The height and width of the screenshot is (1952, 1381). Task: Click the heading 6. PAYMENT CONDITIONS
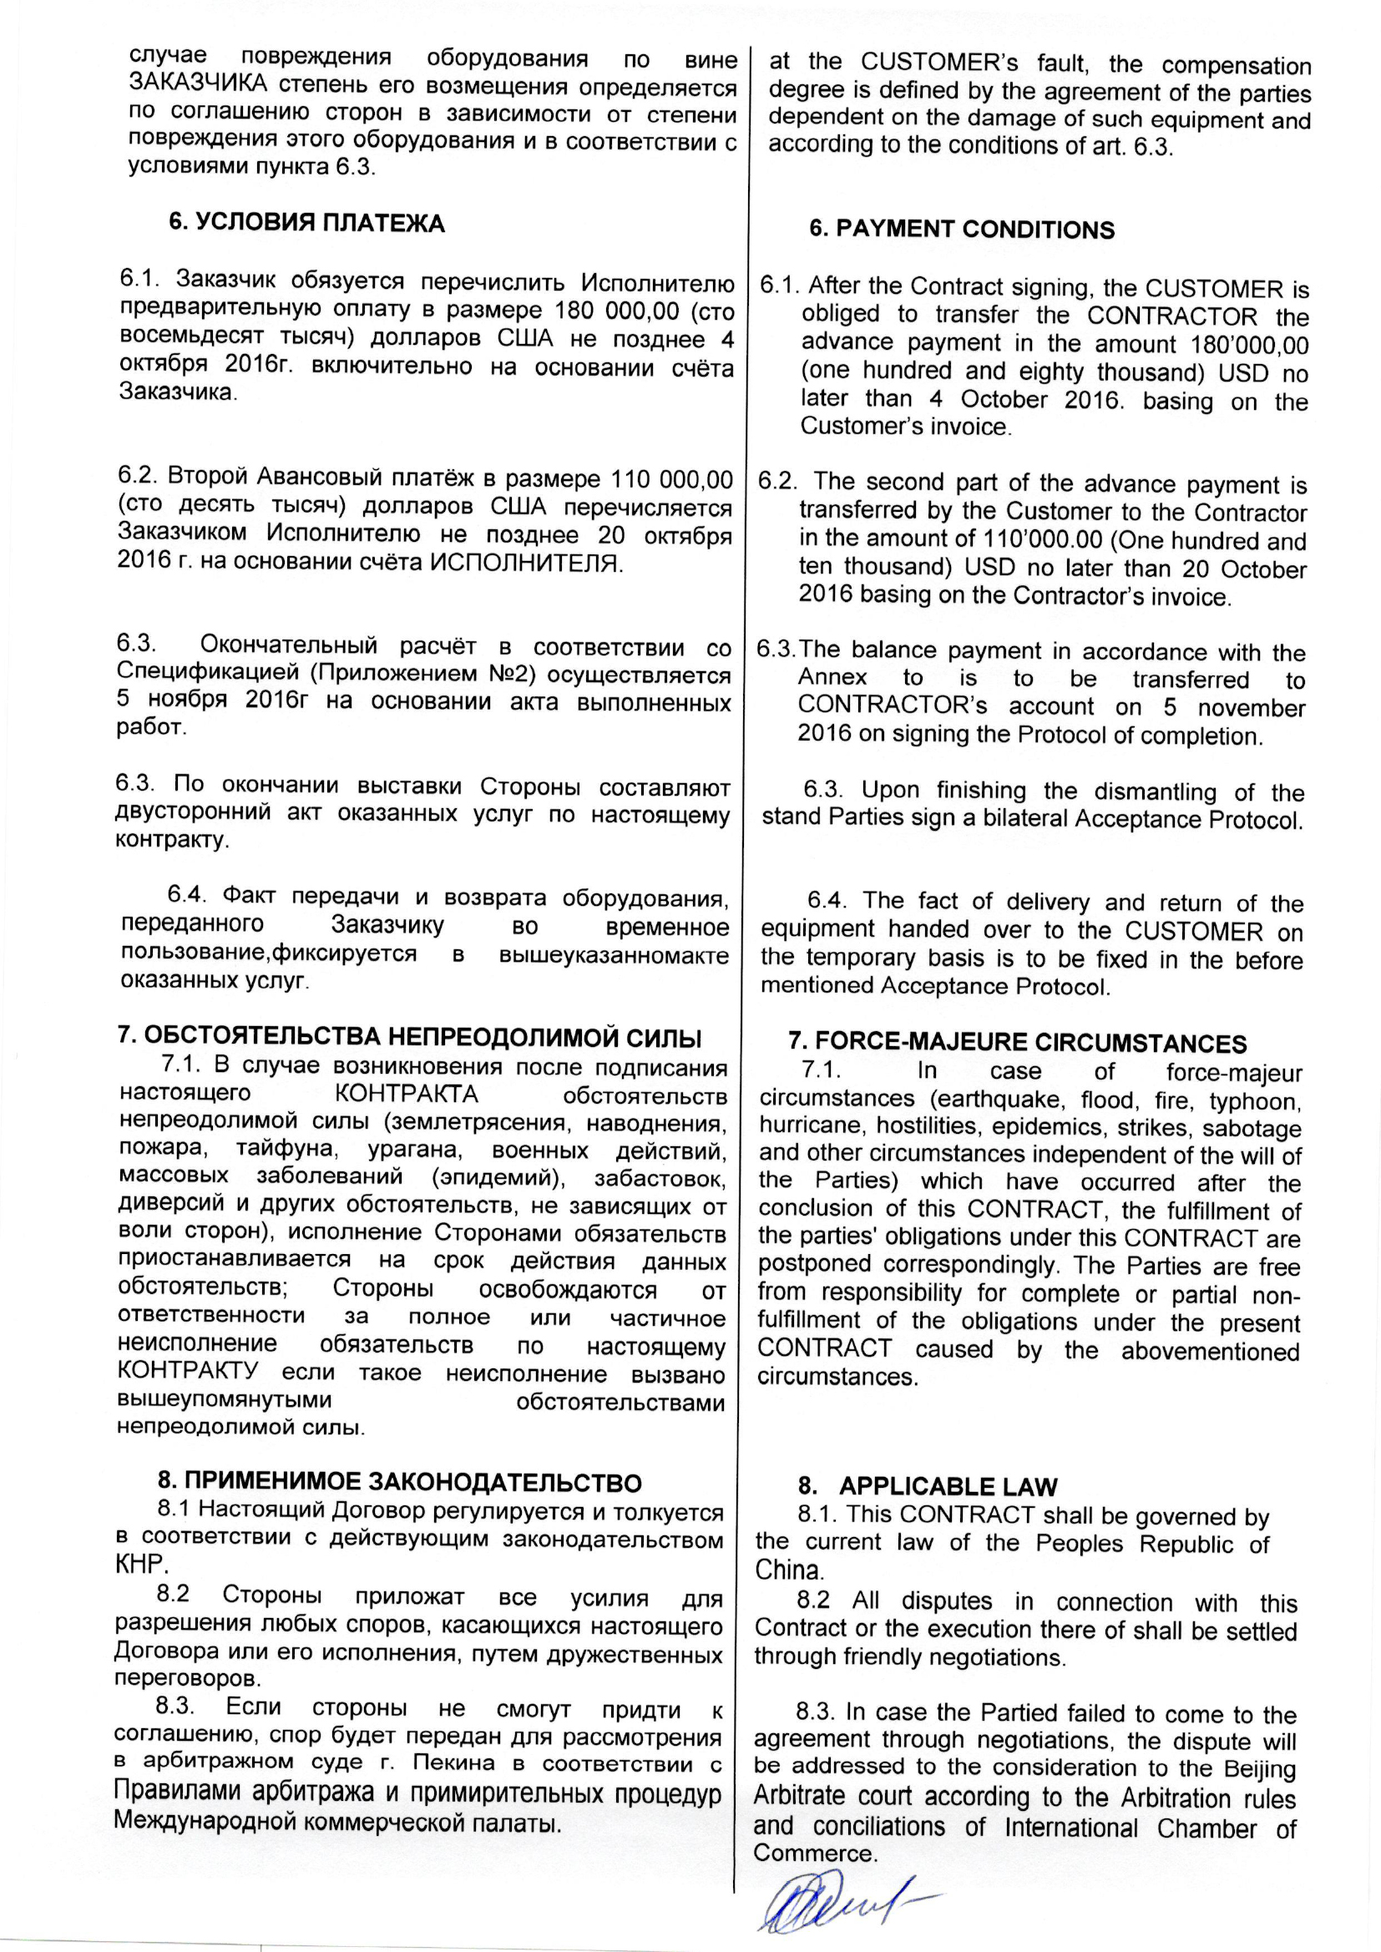961,230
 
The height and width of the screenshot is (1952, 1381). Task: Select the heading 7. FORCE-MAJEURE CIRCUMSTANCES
1017,1043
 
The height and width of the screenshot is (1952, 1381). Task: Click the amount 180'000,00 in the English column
1249,344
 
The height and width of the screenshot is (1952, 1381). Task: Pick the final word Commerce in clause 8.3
803,1852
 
